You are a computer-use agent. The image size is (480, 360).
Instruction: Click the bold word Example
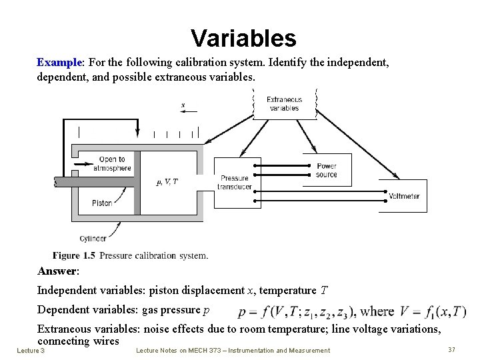click(x=59, y=62)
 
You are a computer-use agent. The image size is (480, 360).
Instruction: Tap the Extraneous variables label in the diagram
click(x=285, y=103)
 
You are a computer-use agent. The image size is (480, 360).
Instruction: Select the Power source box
click(x=327, y=170)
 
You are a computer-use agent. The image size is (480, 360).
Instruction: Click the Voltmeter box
click(x=403, y=196)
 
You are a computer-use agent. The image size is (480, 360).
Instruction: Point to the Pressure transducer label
click(x=234, y=183)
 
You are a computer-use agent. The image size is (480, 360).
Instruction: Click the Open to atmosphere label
click(x=112, y=163)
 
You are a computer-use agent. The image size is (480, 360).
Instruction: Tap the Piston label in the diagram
click(x=102, y=203)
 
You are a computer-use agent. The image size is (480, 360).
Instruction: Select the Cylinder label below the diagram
click(x=93, y=238)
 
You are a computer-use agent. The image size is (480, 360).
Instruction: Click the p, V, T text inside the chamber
click(x=167, y=181)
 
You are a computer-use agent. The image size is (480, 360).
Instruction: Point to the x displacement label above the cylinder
click(x=183, y=105)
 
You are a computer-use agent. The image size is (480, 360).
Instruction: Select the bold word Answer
click(x=57, y=271)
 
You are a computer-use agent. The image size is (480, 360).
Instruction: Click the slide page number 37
click(x=451, y=349)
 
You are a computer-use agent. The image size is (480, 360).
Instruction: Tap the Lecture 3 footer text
click(x=31, y=350)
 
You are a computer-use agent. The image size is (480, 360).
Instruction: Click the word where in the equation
click(x=377, y=311)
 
